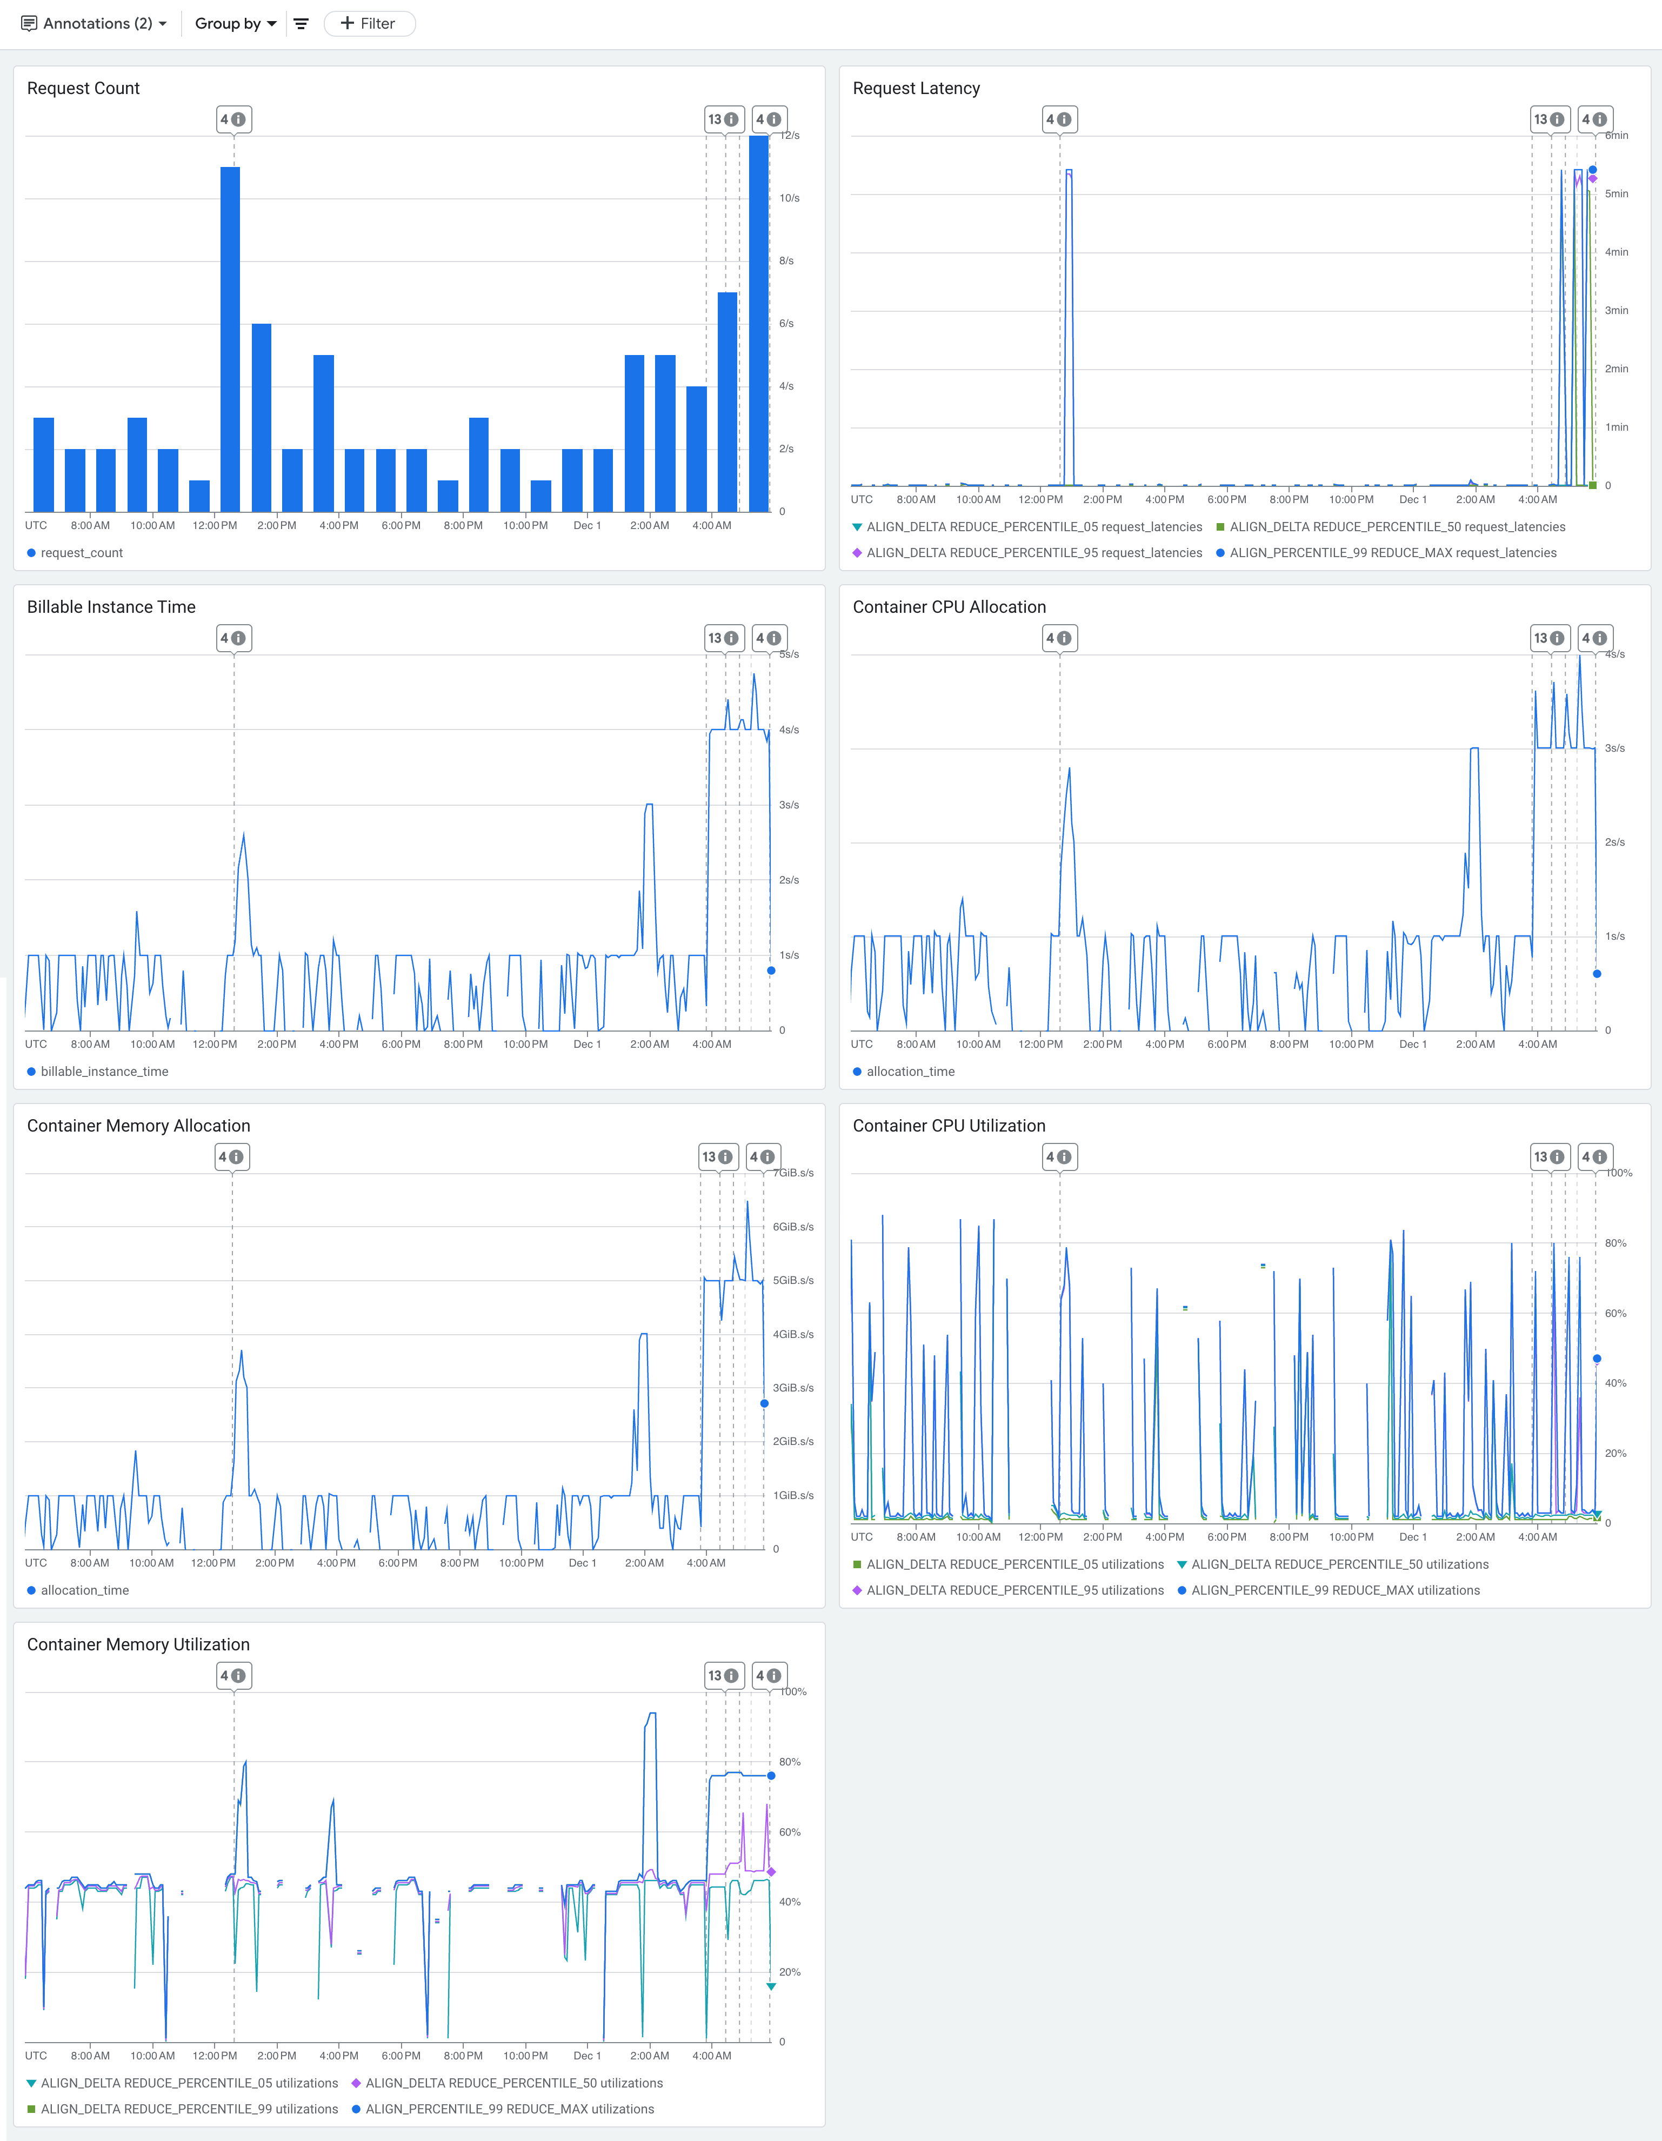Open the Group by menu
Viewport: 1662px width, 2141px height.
click(235, 24)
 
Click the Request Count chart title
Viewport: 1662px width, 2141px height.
click(83, 88)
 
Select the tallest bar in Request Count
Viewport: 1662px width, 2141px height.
click(758, 324)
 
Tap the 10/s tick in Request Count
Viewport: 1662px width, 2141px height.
click(789, 198)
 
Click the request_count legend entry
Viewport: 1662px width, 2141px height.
click(82, 553)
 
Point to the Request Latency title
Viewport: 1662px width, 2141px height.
click(916, 88)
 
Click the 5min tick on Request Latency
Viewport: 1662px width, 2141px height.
click(1616, 194)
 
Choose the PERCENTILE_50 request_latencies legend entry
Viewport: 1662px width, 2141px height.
click(1396, 527)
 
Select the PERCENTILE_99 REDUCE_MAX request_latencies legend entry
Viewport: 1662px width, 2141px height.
click(1392, 553)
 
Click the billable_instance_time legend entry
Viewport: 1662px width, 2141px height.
click(104, 1072)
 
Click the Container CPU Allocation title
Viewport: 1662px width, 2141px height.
click(948, 607)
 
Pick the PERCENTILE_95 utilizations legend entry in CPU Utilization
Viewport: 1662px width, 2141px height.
click(1014, 1590)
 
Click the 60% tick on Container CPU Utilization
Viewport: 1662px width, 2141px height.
click(1615, 1314)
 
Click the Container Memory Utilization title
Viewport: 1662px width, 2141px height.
click(138, 1644)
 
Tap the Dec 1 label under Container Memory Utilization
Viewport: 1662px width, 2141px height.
click(586, 2056)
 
